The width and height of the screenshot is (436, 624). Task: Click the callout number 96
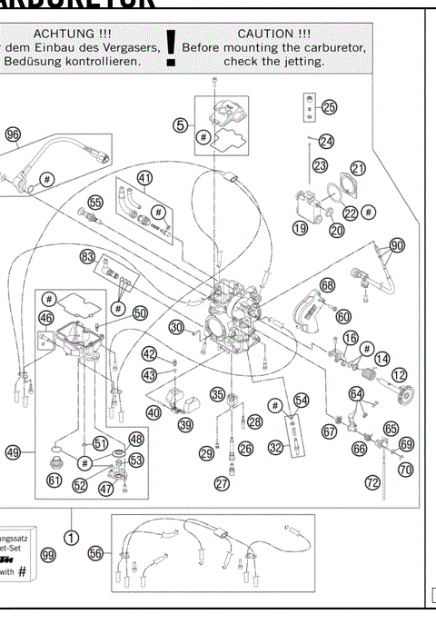(13, 134)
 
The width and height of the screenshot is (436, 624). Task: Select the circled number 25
(328, 107)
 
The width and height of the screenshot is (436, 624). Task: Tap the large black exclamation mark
(171, 51)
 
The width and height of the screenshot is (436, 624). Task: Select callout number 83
(87, 257)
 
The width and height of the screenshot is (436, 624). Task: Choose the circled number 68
(327, 285)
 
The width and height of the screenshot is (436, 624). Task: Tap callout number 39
(185, 424)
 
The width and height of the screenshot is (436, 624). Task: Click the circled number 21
(358, 168)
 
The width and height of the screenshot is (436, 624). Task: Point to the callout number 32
(274, 446)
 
